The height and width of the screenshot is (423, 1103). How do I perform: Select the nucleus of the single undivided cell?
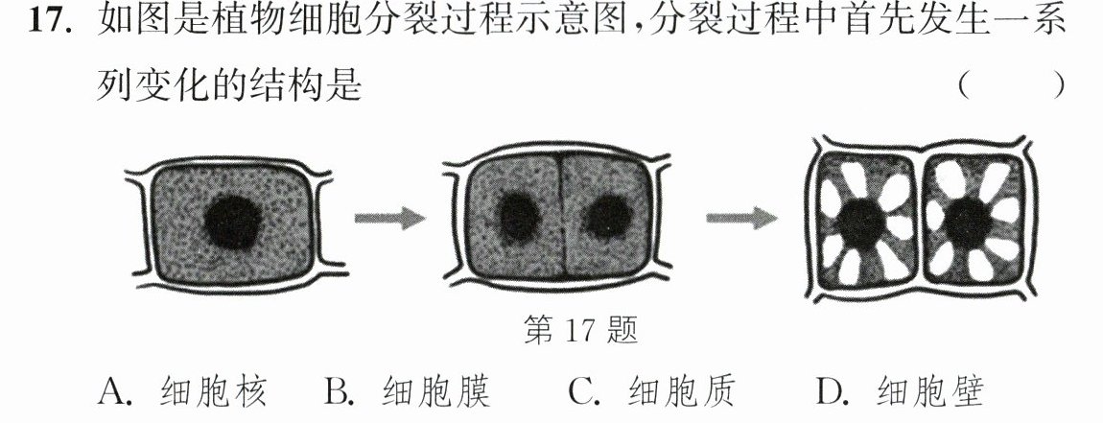click(232, 221)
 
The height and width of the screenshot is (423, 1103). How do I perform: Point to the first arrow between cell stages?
click(389, 218)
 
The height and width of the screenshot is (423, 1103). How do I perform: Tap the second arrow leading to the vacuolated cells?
click(742, 218)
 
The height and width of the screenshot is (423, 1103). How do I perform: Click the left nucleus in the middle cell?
click(518, 217)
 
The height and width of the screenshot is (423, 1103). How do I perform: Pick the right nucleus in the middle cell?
click(607, 217)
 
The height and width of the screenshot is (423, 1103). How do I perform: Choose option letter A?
click(115, 391)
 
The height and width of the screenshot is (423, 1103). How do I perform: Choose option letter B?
click(338, 391)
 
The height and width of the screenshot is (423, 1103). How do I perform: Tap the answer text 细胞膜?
click(436, 391)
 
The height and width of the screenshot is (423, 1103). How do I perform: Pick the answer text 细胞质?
click(681, 391)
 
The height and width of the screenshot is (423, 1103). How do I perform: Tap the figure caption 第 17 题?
click(581, 329)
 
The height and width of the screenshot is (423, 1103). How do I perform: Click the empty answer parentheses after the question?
click(1012, 86)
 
